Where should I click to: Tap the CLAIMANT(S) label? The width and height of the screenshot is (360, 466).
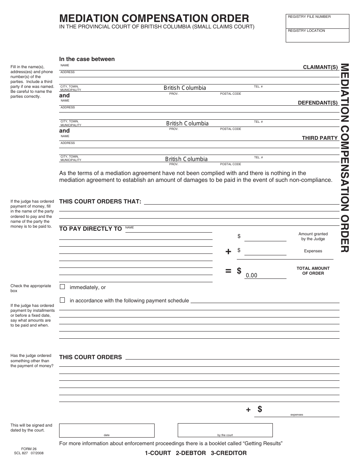coord(320,67)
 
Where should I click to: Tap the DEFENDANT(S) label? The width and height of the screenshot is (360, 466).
coord(318,103)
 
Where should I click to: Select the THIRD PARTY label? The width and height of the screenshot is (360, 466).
coord(319,138)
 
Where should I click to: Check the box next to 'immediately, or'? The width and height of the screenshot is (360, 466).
coord(63,287)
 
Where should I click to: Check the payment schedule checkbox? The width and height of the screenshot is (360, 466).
coord(63,300)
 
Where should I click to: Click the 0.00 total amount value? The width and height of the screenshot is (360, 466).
coord(252,275)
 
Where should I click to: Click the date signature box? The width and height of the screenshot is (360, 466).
coord(106,430)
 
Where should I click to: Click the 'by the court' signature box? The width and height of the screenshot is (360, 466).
coord(225,430)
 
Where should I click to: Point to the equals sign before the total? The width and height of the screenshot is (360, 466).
coord(228,271)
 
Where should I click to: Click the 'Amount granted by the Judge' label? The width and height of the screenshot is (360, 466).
coord(313,236)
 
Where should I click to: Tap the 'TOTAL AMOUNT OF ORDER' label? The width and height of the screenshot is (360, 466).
coord(313,271)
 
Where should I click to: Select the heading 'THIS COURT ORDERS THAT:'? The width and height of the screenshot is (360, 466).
coord(100,202)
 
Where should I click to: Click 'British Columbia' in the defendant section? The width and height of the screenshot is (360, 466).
coord(187,124)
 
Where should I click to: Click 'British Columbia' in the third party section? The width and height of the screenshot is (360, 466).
coord(186,159)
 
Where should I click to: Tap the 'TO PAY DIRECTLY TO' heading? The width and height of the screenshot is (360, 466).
coord(91,229)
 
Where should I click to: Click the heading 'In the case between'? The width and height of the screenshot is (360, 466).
coord(87,59)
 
